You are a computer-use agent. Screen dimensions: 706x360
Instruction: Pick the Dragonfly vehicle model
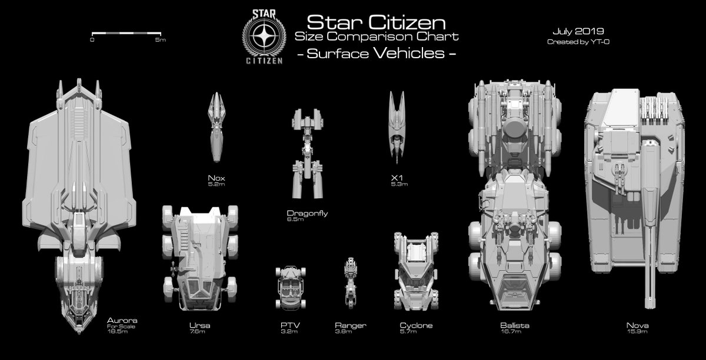pyautogui.click(x=307, y=156)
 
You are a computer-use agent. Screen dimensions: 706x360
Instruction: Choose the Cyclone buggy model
pyautogui.click(x=416, y=274)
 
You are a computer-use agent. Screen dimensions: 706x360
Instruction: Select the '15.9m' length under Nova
pyautogui.click(x=638, y=332)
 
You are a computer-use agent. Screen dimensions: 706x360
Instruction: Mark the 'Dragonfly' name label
pyautogui.click(x=307, y=213)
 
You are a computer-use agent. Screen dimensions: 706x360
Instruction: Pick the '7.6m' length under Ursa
pyautogui.click(x=198, y=332)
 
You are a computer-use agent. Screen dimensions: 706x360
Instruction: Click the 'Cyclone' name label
pyautogui.click(x=417, y=325)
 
